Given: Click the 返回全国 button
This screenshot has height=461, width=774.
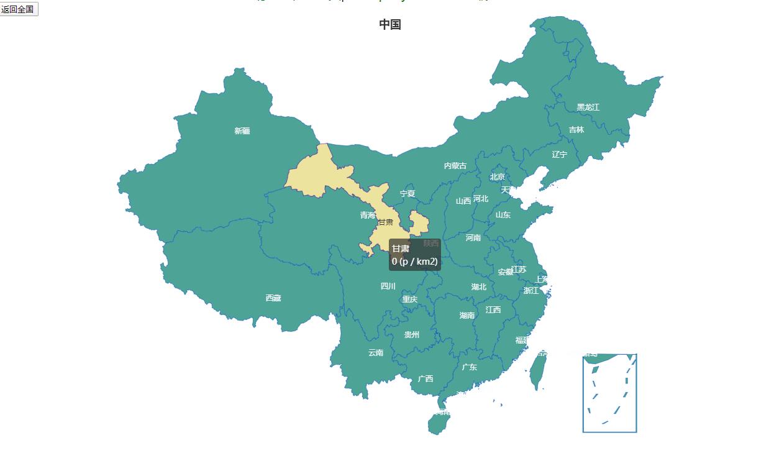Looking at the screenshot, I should click(x=18, y=9).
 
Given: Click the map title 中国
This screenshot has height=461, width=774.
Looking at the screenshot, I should click(x=390, y=25).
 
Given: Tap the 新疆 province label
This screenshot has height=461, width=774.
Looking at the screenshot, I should click(x=242, y=131).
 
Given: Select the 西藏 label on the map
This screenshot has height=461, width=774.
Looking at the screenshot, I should click(x=273, y=298).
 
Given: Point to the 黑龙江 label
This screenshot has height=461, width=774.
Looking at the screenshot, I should click(x=588, y=107).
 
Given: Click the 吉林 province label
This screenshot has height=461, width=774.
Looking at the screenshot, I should click(x=576, y=130).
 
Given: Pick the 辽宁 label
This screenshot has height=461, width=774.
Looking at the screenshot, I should click(x=559, y=155).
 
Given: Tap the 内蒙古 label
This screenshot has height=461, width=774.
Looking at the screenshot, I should click(x=455, y=166).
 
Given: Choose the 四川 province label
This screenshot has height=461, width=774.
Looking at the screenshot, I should click(x=388, y=286).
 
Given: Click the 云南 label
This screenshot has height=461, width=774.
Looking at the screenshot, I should click(x=376, y=353).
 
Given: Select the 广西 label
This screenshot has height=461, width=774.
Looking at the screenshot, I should click(x=426, y=379).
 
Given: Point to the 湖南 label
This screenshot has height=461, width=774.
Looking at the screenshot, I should click(x=467, y=316).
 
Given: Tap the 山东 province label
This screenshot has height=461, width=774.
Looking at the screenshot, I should click(x=503, y=216).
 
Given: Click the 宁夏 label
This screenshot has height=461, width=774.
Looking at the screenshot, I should click(x=407, y=194).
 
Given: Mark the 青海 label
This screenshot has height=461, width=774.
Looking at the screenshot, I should click(x=368, y=216).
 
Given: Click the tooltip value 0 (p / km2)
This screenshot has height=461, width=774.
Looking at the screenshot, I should click(x=415, y=262).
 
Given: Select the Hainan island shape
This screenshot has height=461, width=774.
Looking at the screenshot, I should click(x=439, y=424).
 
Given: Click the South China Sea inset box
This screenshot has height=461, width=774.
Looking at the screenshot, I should click(x=609, y=393).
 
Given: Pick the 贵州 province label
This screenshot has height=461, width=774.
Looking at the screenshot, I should click(x=412, y=335).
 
